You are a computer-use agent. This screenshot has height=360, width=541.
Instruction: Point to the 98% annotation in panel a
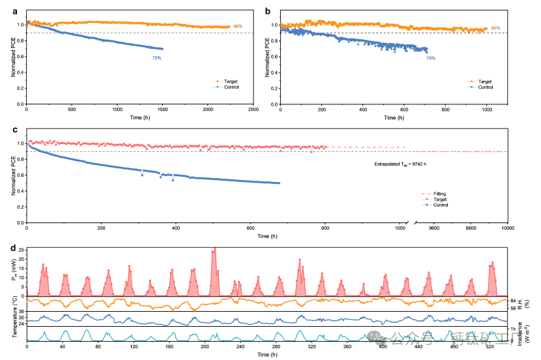(x=238, y=27)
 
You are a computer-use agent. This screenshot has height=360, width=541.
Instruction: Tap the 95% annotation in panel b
(x=495, y=28)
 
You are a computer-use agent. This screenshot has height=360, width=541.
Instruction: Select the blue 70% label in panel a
(x=157, y=57)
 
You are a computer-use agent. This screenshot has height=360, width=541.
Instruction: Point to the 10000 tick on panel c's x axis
(x=508, y=228)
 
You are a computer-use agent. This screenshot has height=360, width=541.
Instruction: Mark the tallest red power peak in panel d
(x=214, y=250)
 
